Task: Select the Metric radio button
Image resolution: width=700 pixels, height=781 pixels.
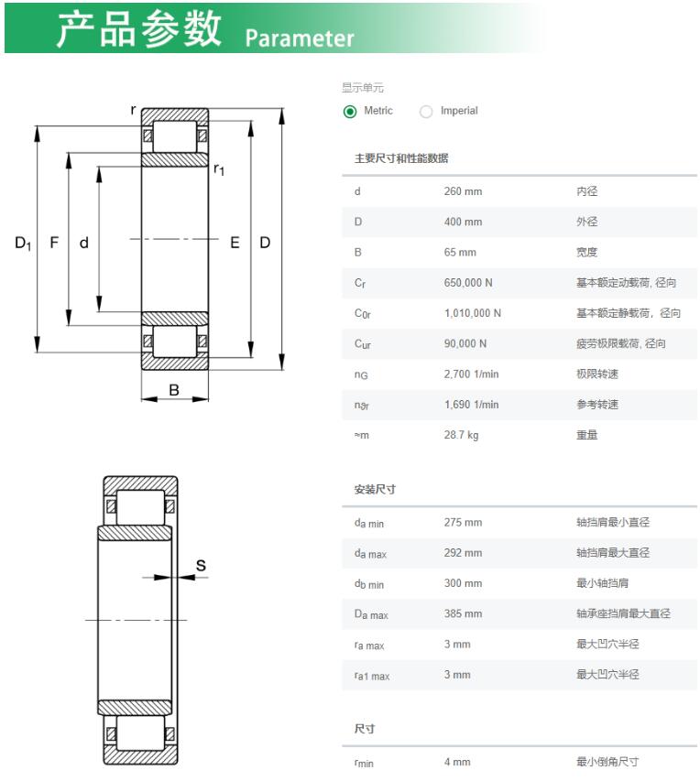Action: [350, 112]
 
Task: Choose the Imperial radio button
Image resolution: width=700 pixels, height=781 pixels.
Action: [426, 112]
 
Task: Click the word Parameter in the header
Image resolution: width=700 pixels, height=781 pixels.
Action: [299, 38]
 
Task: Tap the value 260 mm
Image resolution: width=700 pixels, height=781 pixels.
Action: [463, 191]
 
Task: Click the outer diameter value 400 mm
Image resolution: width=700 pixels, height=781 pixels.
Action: [463, 222]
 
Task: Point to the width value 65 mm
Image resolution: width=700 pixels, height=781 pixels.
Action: [460, 252]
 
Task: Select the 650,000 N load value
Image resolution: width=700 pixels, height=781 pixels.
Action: [467, 282]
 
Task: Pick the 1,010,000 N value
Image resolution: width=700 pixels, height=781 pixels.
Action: [472, 313]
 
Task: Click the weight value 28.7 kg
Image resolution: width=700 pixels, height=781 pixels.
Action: [461, 435]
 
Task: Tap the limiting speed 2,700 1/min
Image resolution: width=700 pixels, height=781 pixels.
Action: [471, 374]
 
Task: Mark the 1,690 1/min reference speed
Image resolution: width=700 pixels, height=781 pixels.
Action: [471, 405]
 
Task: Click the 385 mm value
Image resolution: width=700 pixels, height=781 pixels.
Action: [463, 613]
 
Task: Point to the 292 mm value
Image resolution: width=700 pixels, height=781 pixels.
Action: [463, 553]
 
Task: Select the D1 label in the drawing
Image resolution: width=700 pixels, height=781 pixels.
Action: [23, 243]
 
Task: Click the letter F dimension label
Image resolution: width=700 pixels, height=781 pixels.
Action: [54, 243]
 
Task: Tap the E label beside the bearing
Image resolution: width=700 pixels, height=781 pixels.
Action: [235, 243]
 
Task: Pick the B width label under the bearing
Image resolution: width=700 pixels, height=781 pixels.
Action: [174, 389]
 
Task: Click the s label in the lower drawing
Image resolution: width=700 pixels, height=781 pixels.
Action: [201, 565]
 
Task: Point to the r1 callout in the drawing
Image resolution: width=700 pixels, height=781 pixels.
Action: [218, 170]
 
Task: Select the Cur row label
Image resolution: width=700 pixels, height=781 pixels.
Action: [362, 344]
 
